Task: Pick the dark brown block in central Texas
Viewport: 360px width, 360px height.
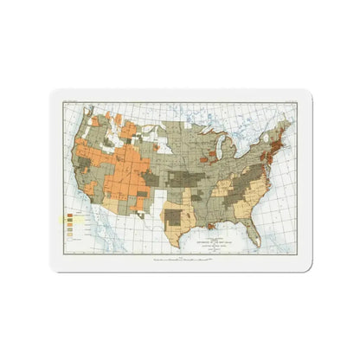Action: coord(177,216)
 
